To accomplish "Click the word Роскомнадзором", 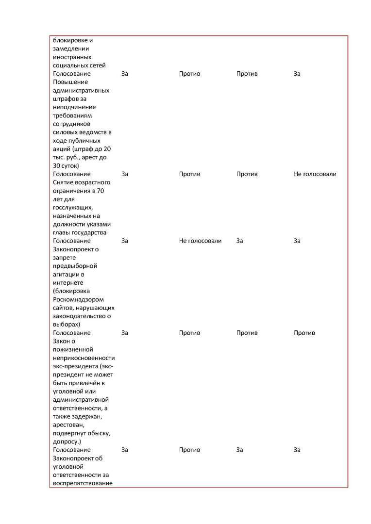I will point(78,299).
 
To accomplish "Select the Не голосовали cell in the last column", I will point(315,174).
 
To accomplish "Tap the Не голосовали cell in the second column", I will point(200,241).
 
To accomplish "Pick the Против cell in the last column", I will point(304,333).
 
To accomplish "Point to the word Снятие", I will point(63,182).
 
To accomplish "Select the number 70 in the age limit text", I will point(100,191).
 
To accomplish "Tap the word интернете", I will point(68,282).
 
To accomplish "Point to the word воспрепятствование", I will point(83,483).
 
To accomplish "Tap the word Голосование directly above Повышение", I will point(71,74).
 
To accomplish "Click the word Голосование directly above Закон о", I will point(71,333).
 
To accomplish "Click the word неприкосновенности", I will point(84,358).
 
